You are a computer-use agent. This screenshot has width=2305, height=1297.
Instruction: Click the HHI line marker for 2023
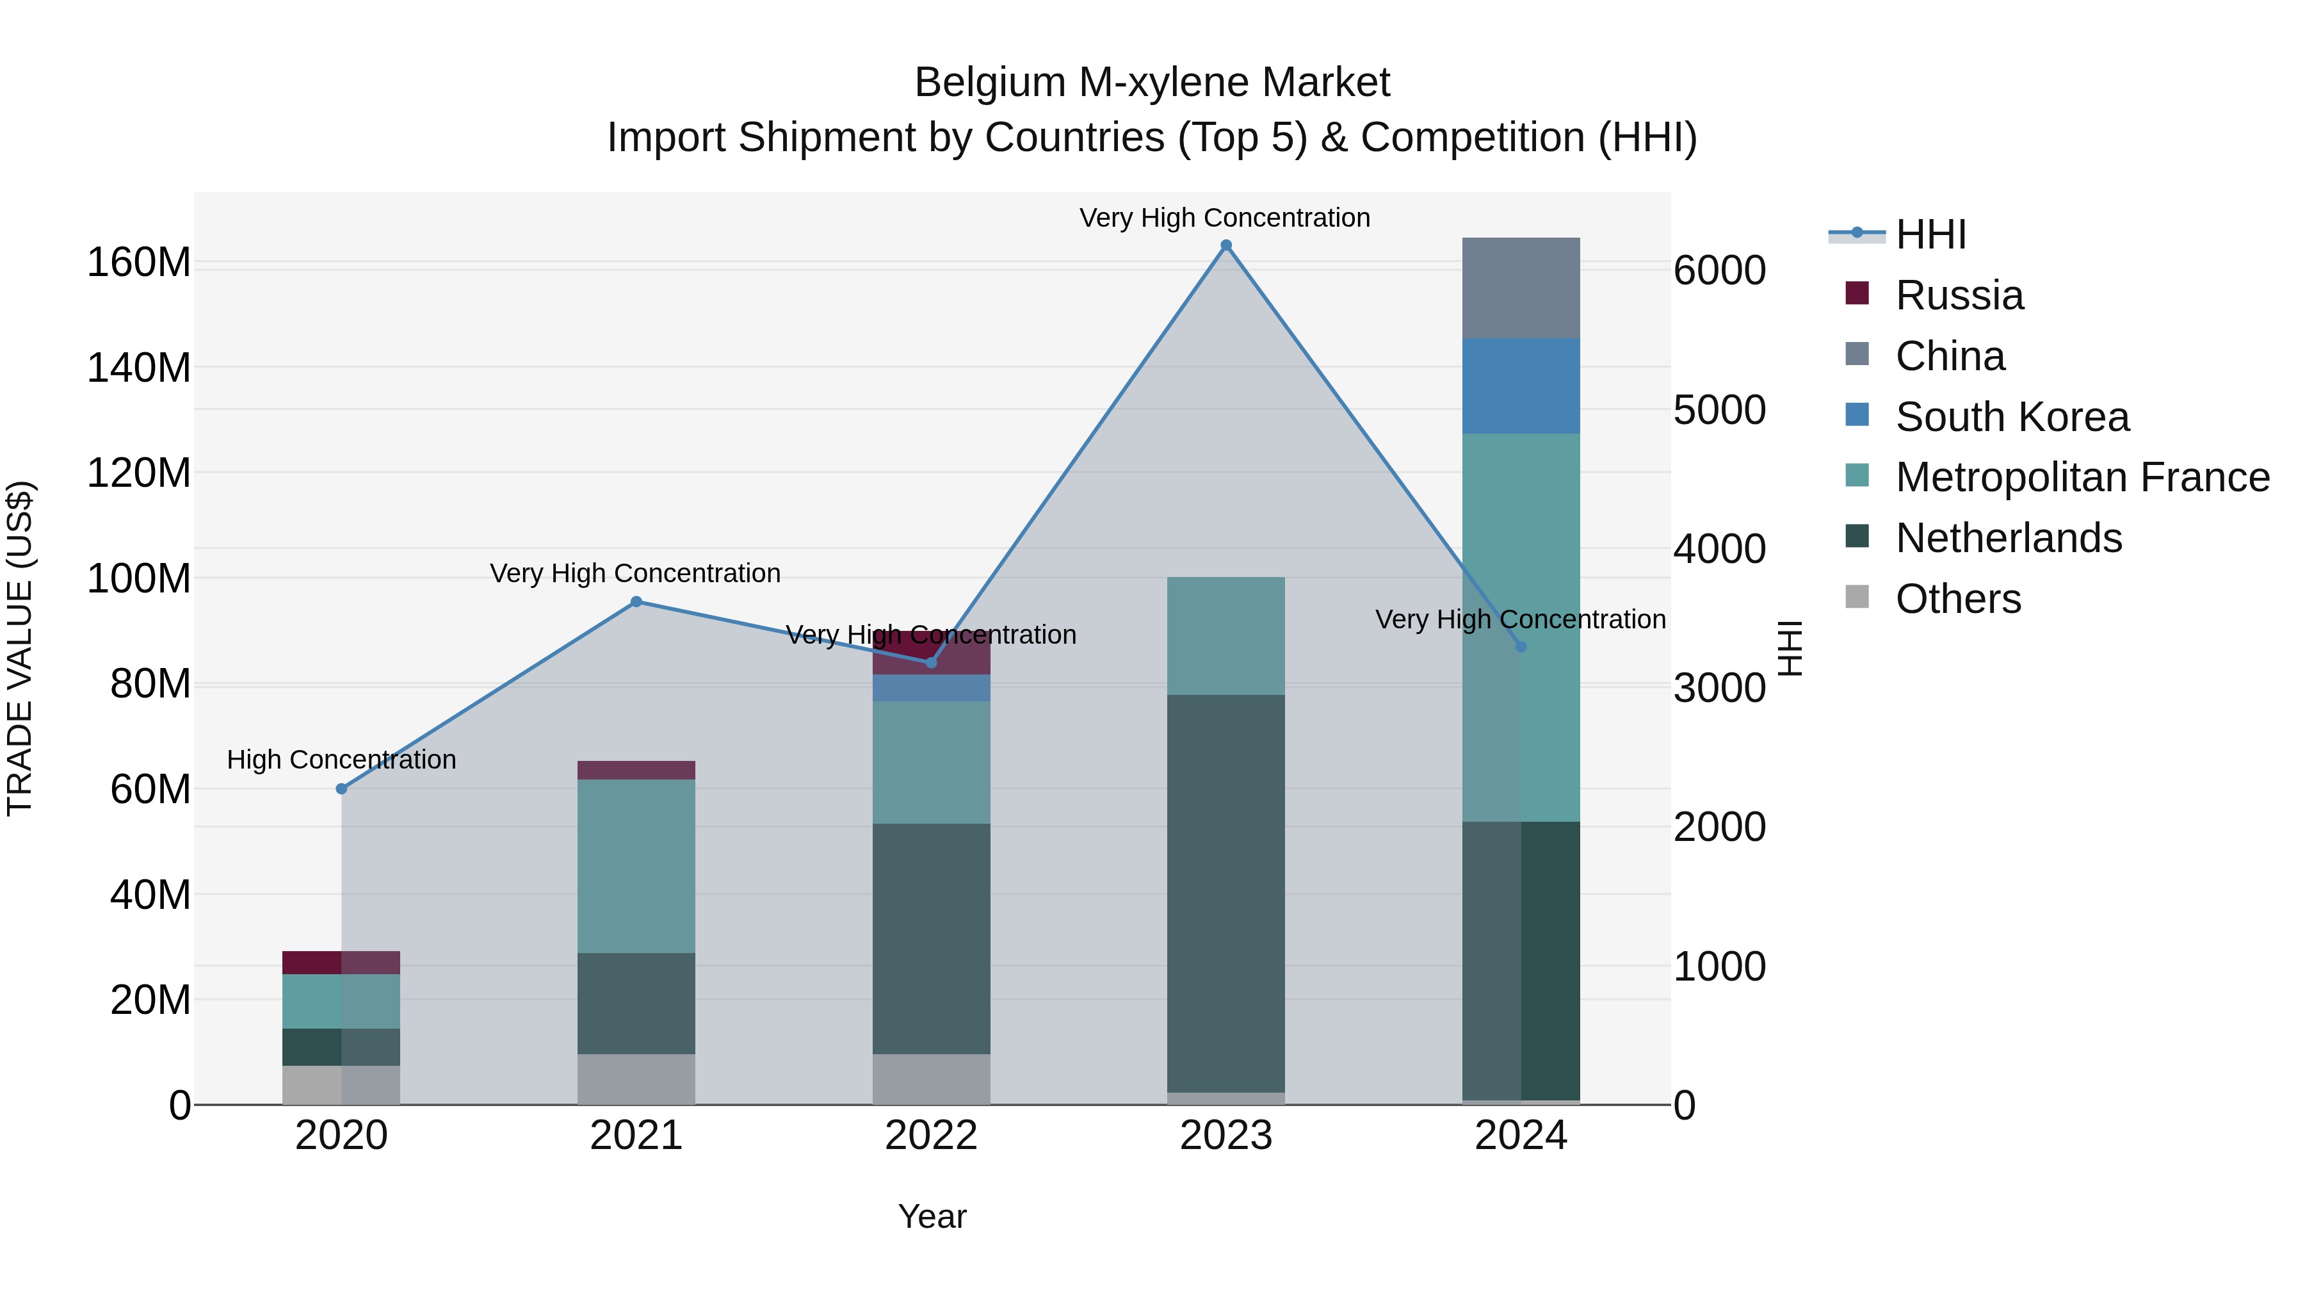pyautogui.click(x=1226, y=245)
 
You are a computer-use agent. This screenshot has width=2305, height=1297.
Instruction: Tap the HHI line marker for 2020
pyautogui.click(x=341, y=788)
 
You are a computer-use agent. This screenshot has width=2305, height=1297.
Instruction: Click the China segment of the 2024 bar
pyautogui.click(x=1520, y=288)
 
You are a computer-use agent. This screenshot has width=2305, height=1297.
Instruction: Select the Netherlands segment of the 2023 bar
pyautogui.click(x=1226, y=893)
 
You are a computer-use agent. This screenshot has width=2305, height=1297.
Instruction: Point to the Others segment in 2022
pyautogui.click(x=930, y=1079)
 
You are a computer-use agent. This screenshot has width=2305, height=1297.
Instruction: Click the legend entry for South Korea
pyautogui.click(x=2012, y=417)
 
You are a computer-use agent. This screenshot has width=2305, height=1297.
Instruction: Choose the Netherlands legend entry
pyautogui.click(x=2008, y=538)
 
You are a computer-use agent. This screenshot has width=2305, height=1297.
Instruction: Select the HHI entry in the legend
pyautogui.click(x=1930, y=234)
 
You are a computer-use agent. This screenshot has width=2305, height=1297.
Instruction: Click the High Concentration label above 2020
pyautogui.click(x=341, y=759)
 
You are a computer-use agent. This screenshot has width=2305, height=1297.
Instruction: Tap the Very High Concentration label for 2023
pyautogui.click(x=1224, y=218)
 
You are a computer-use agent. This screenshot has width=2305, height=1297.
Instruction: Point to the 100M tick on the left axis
pyautogui.click(x=139, y=578)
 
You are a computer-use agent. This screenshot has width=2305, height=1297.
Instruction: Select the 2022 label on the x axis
pyautogui.click(x=930, y=1136)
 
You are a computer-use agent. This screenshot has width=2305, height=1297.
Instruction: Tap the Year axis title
pyautogui.click(x=932, y=1216)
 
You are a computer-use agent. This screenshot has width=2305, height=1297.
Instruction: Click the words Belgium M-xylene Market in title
pyautogui.click(x=1152, y=83)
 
